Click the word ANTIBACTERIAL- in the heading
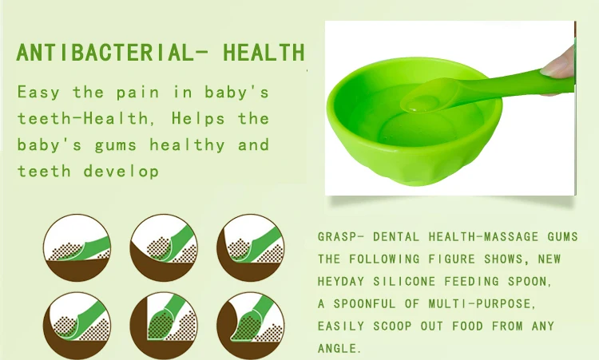click(112, 53)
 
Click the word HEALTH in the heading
click(264, 53)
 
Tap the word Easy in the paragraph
click(38, 93)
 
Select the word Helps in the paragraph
click(198, 119)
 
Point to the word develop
click(121, 171)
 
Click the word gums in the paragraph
click(115, 146)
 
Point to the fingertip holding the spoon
click(558, 64)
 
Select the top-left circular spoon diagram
click(77, 247)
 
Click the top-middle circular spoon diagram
click(164, 247)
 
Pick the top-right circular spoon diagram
click(251, 247)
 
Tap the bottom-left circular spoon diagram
click(77, 326)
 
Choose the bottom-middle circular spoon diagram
click(164, 326)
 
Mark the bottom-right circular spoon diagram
click(251, 326)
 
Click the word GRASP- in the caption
click(341, 237)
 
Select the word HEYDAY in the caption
click(341, 282)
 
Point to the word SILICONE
click(404, 282)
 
